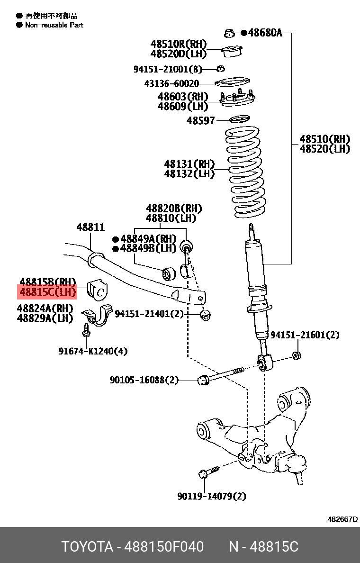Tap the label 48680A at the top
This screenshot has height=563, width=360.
pos(265,33)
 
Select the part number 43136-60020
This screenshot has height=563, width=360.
pos(171,84)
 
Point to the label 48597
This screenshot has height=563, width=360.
pos(201,121)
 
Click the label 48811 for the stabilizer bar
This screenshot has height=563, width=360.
pos(90,227)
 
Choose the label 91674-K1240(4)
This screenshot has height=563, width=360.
pos(93,351)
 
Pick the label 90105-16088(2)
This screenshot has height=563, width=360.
pos(144,380)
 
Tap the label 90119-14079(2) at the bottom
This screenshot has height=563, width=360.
pos(212,496)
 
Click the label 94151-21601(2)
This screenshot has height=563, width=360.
pos(305,335)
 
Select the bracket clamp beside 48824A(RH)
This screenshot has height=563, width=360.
pos(97,317)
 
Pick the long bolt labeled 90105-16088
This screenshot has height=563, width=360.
pos(223,374)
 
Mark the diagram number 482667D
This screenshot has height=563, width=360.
pos(342,519)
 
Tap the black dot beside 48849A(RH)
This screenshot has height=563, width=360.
pos(115,239)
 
